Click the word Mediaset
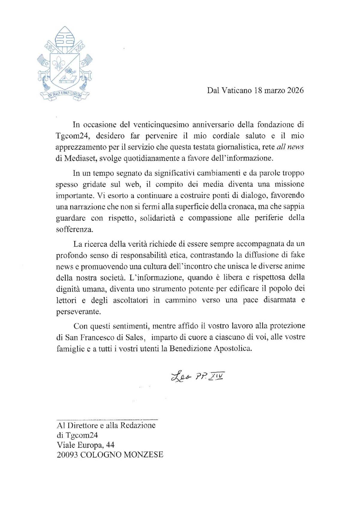click(x=79, y=158)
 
